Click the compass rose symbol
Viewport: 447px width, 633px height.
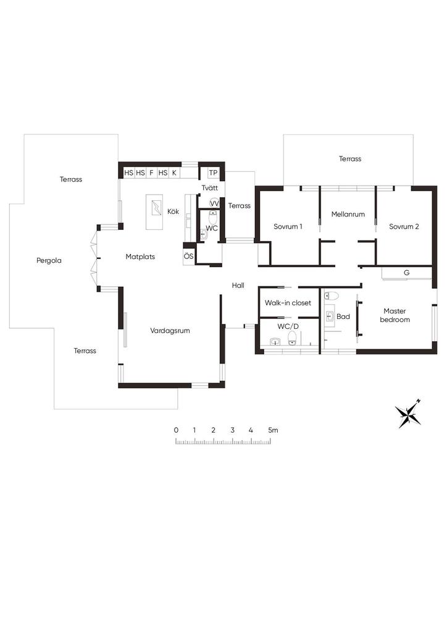(408, 414)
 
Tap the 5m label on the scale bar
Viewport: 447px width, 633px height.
(273, 430)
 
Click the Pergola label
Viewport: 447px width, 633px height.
(49, 260)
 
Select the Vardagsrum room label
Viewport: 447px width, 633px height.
(170, 331)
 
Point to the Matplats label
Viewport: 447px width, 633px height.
(140, 257)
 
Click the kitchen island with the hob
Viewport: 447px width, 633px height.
(154, 212)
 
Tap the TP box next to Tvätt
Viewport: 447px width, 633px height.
(213, 173)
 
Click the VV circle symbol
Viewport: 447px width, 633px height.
(214, 203)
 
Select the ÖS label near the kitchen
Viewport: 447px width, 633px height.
(188, 257)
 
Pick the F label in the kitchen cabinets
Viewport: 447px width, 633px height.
(151, 173)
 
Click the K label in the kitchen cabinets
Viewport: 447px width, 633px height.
(174, 173)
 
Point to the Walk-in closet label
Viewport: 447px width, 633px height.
(288, 303)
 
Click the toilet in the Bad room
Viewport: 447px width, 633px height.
(332, 296)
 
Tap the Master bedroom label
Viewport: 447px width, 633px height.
(395, 315)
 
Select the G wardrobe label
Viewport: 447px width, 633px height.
(407, 273)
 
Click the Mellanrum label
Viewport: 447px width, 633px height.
(348, 215)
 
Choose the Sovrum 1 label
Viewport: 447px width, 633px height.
(288, 226)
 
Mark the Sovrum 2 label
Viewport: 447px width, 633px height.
(404, 226)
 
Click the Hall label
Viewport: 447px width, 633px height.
(238, 286)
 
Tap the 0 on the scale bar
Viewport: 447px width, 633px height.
(176, 430)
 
